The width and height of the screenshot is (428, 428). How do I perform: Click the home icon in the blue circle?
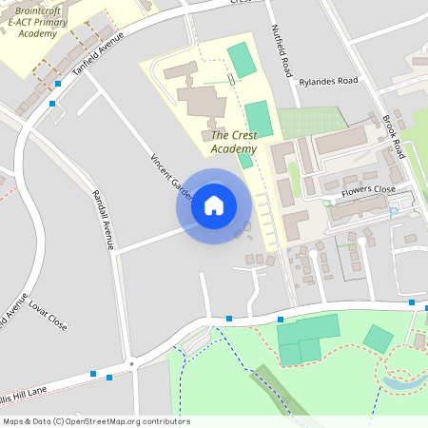(x=214, y=205)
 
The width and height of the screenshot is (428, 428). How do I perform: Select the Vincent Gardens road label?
(x=172, y=175)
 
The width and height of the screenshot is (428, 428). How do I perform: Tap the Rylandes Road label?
(x=327, y=82)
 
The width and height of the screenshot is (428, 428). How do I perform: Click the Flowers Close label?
(x=368, y=189)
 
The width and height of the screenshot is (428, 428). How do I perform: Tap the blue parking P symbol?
(x=394, y=213)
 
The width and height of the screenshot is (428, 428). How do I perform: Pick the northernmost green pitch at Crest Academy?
(x=242, y=60)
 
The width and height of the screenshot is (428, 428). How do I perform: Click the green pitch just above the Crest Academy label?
(x=258, y=119)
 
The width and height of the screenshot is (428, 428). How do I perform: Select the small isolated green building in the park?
(x=379, y=339)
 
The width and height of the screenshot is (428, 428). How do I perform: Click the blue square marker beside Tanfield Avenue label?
(x=58, y=84)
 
